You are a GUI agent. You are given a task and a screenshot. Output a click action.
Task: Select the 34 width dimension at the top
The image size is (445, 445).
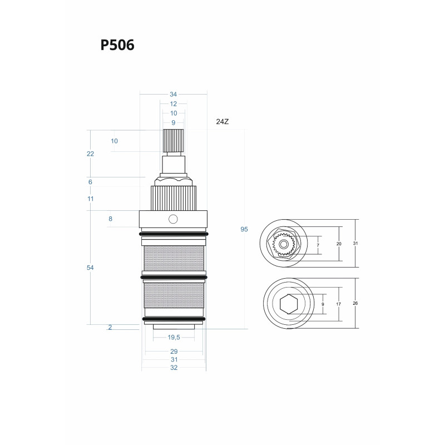tap(173, 95)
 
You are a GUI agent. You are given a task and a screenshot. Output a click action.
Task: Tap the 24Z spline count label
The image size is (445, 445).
tap(222, 121)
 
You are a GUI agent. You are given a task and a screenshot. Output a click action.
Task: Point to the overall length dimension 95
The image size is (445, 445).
tap(244, 230)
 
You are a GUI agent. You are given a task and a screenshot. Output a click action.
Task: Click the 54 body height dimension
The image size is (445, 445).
tap(91, 268)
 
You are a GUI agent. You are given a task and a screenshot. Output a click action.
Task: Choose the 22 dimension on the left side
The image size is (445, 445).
tap(91, 154)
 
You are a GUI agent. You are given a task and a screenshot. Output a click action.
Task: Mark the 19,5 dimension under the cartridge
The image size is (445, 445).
tap(173, 337)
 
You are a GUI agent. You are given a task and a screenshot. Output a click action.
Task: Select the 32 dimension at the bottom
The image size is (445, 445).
tap(174, 368)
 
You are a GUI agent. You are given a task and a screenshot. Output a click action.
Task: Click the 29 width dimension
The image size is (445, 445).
tap(174, 352)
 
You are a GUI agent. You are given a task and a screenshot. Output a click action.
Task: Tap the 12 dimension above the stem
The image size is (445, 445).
tap(174, 104)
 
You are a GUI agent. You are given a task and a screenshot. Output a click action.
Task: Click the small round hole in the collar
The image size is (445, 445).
tap(174, 219)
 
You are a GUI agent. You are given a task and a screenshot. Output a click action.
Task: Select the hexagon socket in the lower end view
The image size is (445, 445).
tap(288, 305)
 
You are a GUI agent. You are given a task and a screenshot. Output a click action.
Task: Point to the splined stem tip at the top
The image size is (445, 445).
tap(174, 140)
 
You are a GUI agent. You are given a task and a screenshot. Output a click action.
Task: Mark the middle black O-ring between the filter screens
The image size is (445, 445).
tap(174, 277)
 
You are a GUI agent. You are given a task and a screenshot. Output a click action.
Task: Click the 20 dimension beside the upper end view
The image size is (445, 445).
tap(339, 244)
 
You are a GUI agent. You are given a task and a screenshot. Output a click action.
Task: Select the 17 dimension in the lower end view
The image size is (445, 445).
tap(339, 304)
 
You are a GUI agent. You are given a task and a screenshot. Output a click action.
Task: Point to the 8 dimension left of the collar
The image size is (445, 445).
tap(110, 219)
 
